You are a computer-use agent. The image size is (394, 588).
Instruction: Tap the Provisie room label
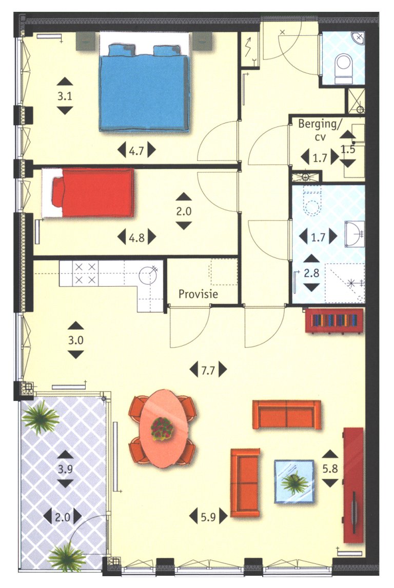point(199,294)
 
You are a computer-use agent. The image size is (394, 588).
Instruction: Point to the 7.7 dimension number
point(207,369)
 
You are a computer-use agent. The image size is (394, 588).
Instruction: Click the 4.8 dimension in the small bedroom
point(136,237)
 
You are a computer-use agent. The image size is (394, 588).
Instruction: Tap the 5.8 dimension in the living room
point(330,468)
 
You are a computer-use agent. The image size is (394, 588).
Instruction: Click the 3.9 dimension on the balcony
point(65,469)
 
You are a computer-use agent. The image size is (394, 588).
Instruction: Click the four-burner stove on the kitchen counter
point(85,273)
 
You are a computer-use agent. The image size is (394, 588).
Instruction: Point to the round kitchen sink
point(148,276)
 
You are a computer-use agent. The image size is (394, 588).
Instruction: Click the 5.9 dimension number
point(208,516)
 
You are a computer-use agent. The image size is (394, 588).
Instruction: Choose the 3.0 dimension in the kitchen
point(76,340)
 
